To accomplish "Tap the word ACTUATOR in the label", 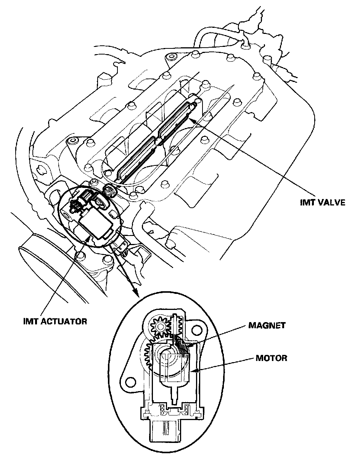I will [63, 321].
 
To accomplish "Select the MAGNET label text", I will [267, 326].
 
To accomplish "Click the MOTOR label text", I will [271, 358].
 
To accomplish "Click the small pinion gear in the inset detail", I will [160, 326].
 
